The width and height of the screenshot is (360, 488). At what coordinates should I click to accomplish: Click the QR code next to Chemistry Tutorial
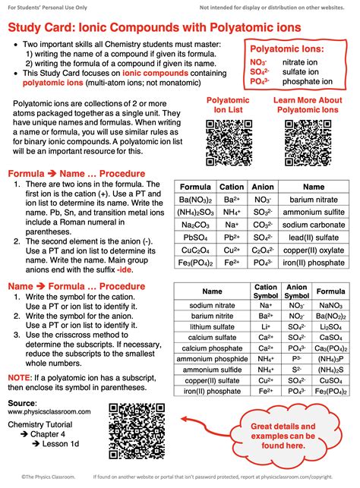(132, 429)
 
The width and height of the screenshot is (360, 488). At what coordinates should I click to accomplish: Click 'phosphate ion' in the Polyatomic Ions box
(306, 102)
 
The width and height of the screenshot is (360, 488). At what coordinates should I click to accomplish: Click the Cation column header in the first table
(232, 187)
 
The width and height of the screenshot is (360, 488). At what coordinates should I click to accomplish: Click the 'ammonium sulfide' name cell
(212, 370)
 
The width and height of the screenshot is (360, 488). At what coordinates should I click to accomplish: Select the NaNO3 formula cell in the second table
(330, 304)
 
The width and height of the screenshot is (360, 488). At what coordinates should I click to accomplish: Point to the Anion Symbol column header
(296, 291)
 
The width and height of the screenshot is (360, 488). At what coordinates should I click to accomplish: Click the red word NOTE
(19, 376)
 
